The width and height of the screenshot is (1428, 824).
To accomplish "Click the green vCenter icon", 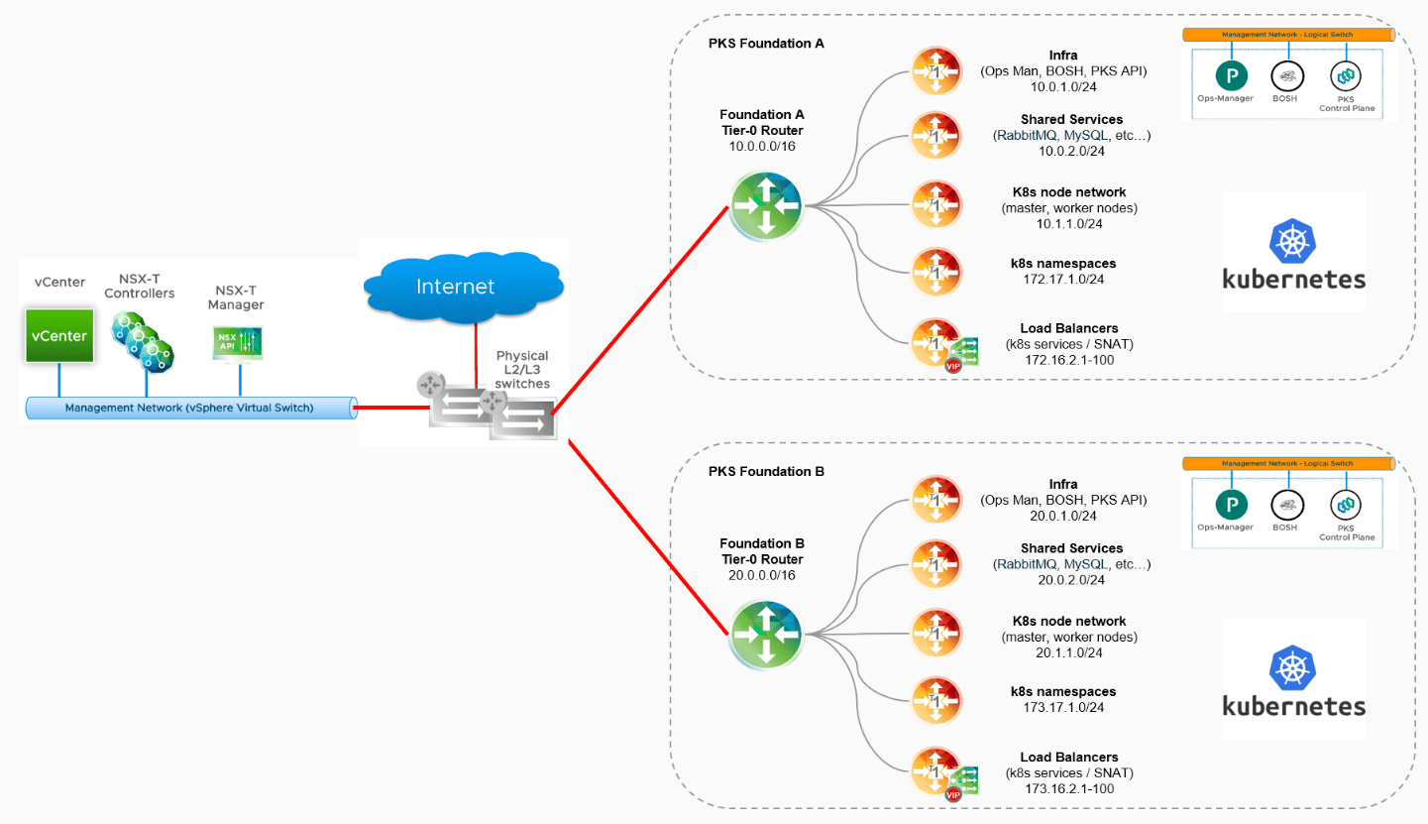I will pyautogui.click(x=59, y=334).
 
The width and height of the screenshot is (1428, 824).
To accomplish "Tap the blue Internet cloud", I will pyautogui.click(x=455, y=286).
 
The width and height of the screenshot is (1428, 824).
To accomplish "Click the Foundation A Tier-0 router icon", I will pyautogui.click(x=766, y=204).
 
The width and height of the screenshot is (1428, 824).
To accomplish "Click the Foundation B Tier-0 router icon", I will pyautogui.click(x=766, y=634).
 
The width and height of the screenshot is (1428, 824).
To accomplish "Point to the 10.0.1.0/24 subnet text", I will pyautogui.click(x=1062, y=87).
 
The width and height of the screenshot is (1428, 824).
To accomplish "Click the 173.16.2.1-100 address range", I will pyautogui.click(x=1070, y=788).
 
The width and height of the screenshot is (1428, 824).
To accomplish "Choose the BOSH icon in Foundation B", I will pyautogui.click(x=1285, y=504).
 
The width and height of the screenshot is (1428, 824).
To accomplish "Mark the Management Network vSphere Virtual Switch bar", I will pyautogui.click(x=188, y=408).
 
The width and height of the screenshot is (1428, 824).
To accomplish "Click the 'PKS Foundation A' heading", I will pyautogui.click(x=766, y=44).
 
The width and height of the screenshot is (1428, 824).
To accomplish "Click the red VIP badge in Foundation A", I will pyautogui.click(x=953, y=366).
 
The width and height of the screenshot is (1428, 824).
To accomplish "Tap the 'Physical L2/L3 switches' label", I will pyautogui.click(x=521, y=369).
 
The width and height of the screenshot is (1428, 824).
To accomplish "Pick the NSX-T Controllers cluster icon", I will pyautogui.click(x=141, y=339).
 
